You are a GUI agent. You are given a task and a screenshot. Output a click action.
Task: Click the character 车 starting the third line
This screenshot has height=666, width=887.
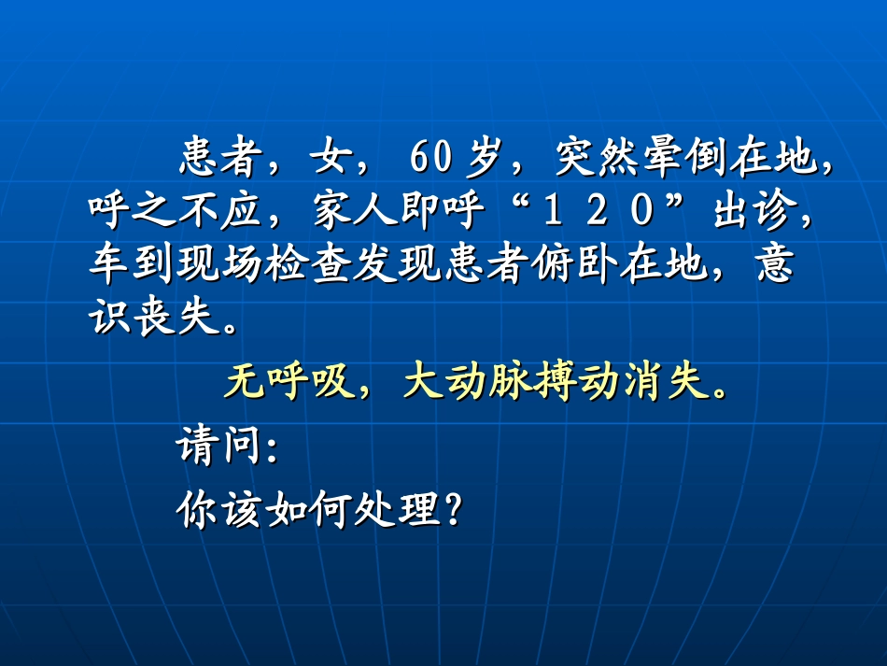110,266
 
